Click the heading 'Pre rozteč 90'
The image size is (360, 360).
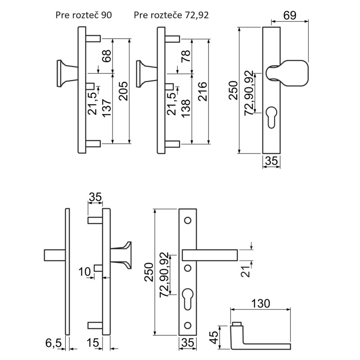[x=83, y=15]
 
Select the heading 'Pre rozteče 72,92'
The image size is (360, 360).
[x=171, y=15]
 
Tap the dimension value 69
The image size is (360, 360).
[x=290, y=14]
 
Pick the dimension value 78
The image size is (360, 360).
[x=185, y=56]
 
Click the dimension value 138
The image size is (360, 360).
[x=185, y=108]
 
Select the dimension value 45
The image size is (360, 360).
[x=215, y=335]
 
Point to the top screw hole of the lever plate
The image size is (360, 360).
[x=188, y=221]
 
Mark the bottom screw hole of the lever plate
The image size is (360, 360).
[x=188, y=324]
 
